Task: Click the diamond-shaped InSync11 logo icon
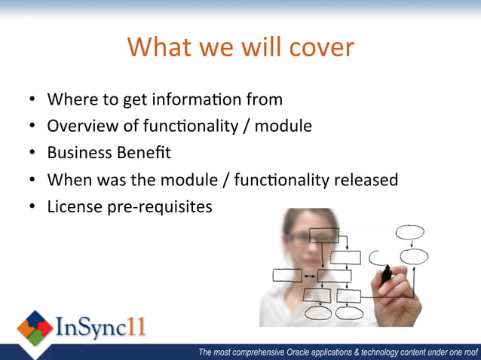click(x=35, y=329)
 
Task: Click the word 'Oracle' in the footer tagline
click(x=303, y=352)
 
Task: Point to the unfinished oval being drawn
click(x=376, y=258)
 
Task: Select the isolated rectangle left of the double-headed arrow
click(x=286, y=276)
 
